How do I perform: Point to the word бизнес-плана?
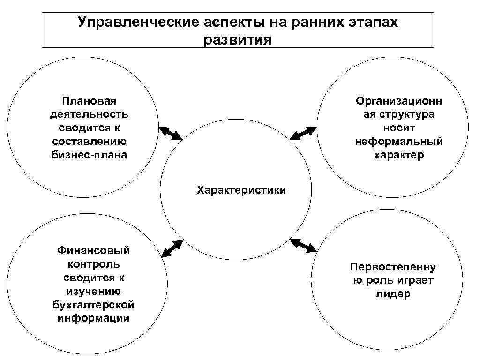[89, 155]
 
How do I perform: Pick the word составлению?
[89, 141]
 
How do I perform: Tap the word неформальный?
[399, 141]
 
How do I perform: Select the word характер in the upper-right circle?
[399, 155]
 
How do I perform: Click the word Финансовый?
[94, 250]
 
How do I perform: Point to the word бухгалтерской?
[94, 305]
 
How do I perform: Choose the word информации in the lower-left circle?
[94, 318]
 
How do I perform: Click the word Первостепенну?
[393, 267]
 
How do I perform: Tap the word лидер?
[393, 294]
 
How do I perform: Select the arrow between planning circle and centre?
[171, 133]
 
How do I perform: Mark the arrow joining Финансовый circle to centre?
[172, 248]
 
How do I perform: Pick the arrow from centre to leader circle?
[303, 246]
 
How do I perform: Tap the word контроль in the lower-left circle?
[94, 264]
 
